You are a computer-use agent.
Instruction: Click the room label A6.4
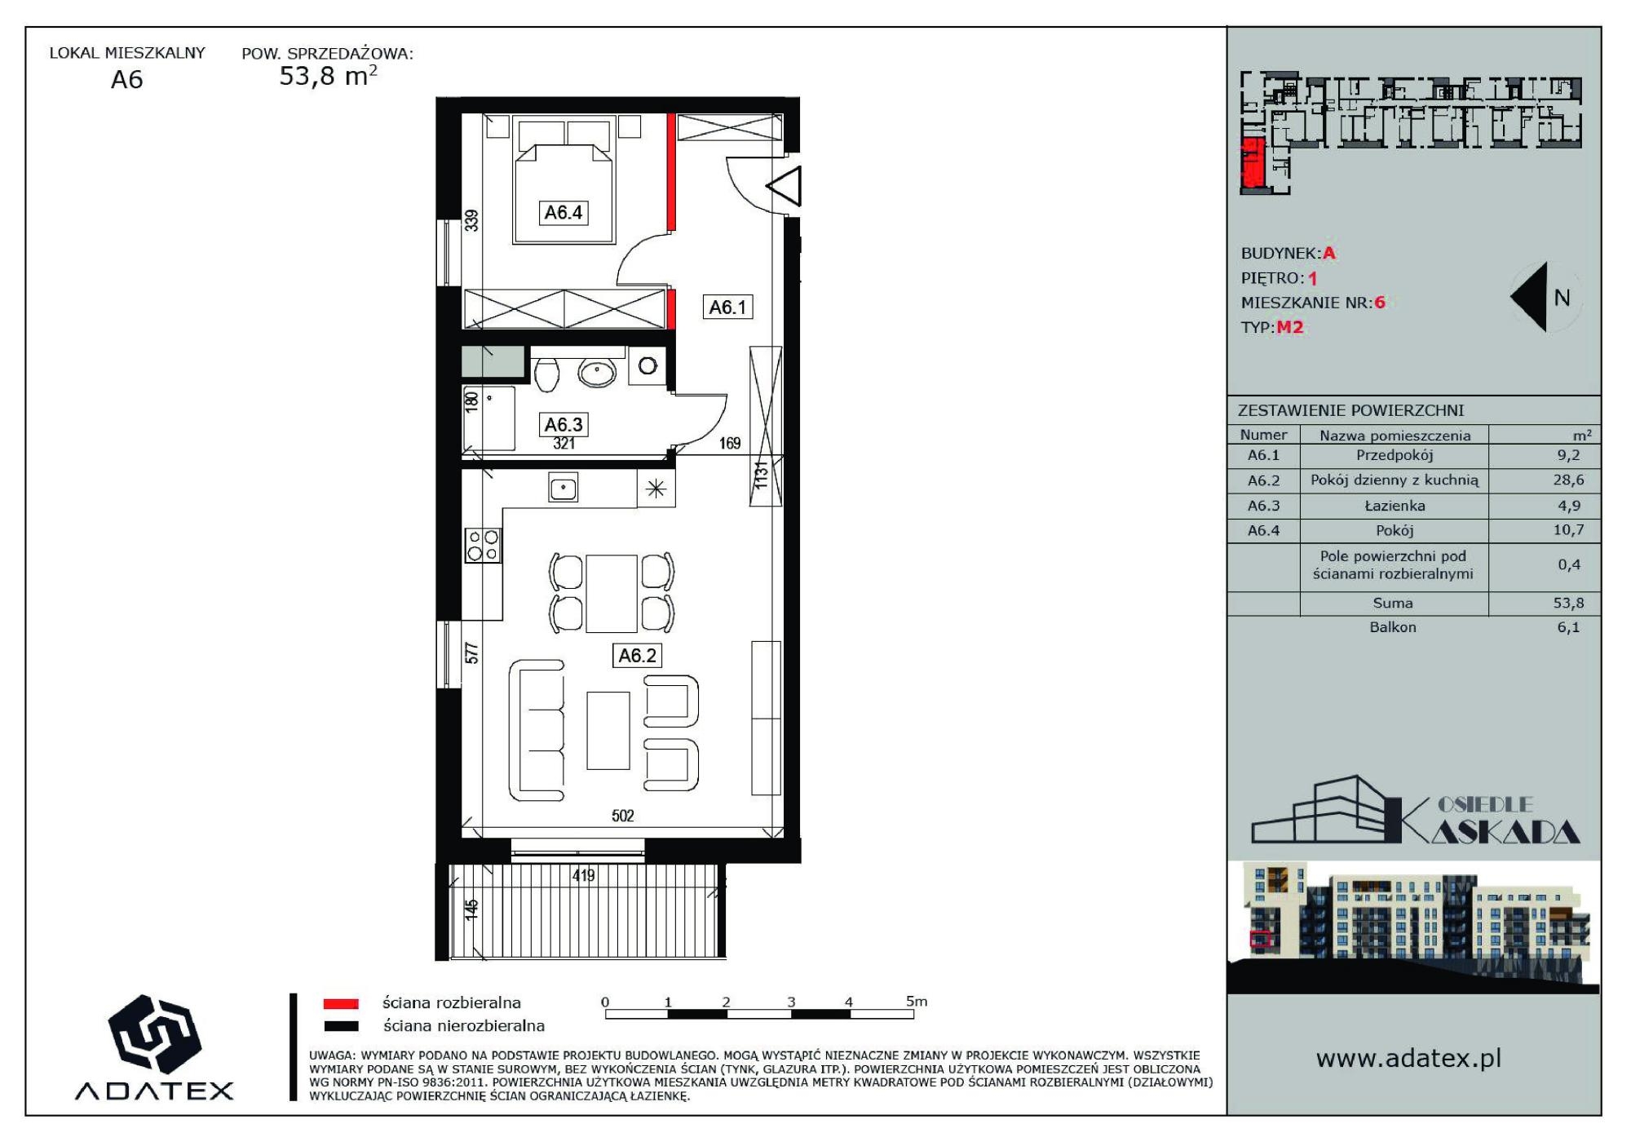tap(563, 213)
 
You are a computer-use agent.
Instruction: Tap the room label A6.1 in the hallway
tap(727, 308)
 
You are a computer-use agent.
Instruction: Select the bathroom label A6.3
tap(564, 424)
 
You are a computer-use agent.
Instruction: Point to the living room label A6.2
tap(637, 655)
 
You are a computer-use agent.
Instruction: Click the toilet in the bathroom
tap(546, 374)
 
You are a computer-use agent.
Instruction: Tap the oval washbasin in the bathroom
tap(597, 373)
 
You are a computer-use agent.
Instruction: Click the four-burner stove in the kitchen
tap(483, 546)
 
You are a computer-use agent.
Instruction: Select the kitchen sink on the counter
tap(564, 488)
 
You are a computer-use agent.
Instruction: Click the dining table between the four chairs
tap(611, 594)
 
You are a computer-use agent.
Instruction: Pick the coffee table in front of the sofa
tap(608, 731)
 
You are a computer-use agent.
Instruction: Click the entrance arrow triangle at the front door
tap(784, 187)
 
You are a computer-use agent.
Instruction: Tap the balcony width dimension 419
tap(584, 876)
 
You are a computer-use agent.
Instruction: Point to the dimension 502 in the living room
tap(623, 816)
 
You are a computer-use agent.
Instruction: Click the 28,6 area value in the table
tap(1568, 480)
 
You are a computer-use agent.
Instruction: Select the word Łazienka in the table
tap(1395, 506)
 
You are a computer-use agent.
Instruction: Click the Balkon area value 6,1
tap(1568, 627)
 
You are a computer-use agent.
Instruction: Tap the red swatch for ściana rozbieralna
tap(341, 1004)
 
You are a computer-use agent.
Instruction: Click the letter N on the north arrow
tap(1562, 299)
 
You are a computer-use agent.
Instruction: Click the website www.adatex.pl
tap(1408, 1059)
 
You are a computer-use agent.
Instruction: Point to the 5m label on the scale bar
tap(917, 1001)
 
